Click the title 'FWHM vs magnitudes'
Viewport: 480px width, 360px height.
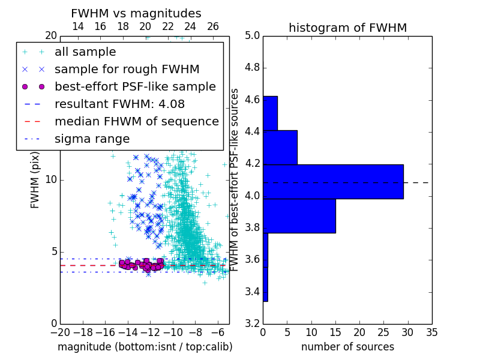(x=136, y=13)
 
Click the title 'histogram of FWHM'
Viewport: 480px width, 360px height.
(x=348, y=28)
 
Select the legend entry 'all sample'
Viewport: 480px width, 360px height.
(x=85, y=52)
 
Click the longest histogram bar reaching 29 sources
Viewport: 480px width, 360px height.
(x=334, y=182)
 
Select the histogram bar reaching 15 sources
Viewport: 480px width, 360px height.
(x=299, y=216)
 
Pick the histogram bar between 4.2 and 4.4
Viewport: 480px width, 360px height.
(x=280, y=148)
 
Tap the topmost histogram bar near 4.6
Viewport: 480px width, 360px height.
(x=271, y=113)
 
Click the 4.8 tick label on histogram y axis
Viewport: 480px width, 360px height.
(x=253, y=68)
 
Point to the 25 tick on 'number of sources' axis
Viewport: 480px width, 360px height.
(x=383, y=332)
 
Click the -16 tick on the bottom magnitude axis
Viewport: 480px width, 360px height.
(x=106, y=332)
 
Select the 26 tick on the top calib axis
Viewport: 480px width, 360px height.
(x=213, y=26)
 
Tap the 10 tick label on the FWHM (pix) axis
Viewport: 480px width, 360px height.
(x=51, y=179)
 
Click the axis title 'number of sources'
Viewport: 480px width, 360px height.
(x=348, y=347)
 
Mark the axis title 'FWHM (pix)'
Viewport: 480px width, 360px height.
(x=35, y=180)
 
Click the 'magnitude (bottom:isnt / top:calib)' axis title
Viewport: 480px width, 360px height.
(x=145, y=347)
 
